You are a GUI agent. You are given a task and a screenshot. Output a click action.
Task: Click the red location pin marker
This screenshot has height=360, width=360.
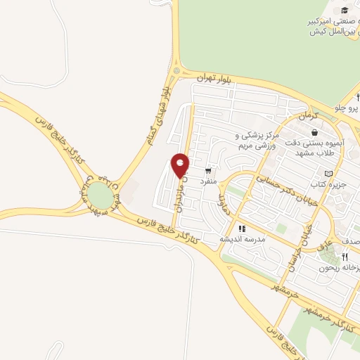pyautogui.click(x=181, y=165)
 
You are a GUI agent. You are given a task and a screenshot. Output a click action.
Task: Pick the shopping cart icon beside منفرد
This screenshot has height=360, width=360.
pyautogui.click(x=208, y=170)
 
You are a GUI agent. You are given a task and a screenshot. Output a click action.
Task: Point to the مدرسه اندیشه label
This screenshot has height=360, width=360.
pyautogui.click(x=243, y=239)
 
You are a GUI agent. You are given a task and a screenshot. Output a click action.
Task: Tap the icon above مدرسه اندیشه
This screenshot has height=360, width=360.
pyautogui.click(x=243, y=229)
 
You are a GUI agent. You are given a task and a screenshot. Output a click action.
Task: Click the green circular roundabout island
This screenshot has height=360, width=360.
pyautogui.click(x=103, y=196)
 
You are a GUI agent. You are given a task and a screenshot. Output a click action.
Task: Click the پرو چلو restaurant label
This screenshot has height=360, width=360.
pyautogui.click(x=346, y=109)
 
